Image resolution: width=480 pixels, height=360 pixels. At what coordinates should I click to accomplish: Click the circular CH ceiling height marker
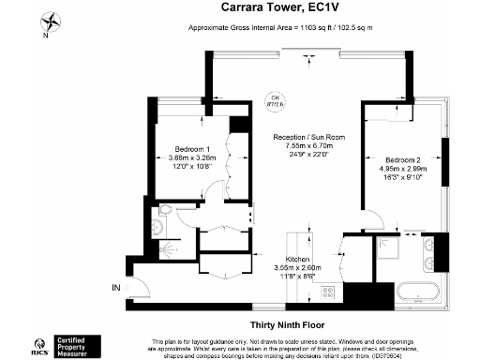tap(275, 100)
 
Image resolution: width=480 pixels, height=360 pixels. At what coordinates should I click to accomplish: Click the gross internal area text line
tap(266, 28)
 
